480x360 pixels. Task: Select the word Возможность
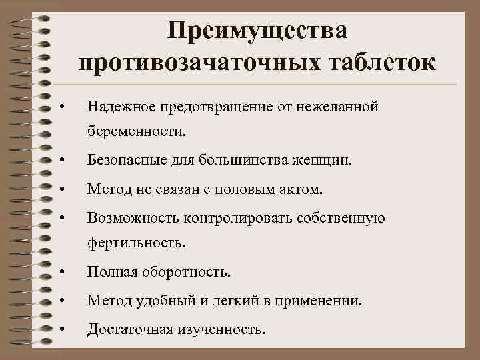click(x=129, y=219)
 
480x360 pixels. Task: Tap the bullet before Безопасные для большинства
click(x=61, y=161)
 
